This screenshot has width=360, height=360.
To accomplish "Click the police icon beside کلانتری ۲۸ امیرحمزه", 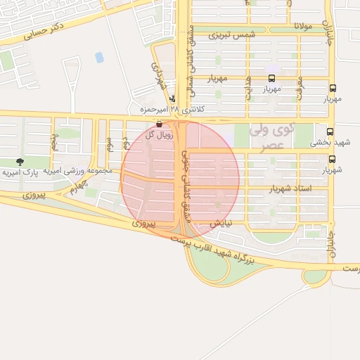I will [173, 100].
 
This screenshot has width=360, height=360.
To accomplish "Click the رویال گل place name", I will [158, 134].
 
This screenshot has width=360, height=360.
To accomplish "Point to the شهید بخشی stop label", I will [328, 143].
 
